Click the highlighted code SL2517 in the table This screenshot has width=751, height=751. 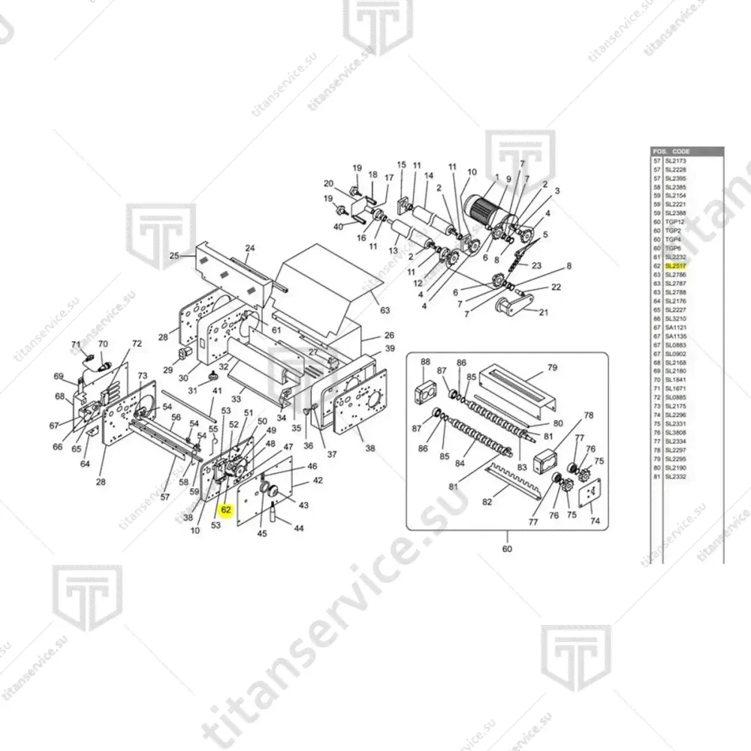pyautogui.click(x=676, y=266)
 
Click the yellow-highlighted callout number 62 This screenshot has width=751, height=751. pyautogui.click(x=226, y=510)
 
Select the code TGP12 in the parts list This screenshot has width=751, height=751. pyautogui.click(x=675, y=222)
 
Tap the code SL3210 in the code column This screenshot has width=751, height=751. pyautogui.click(x=676, y=318)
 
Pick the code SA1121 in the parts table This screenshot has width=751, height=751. pyautogui.click(x=676, y=327)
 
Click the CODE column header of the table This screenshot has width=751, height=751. pyautogui.click(x=681, y=151)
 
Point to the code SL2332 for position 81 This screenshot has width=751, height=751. pyautogui.click(x=676, y=476)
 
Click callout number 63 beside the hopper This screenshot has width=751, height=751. pyautogui.click(x=385, y=309)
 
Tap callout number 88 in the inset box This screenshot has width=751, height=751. pyautogui.click(x=426, y=362)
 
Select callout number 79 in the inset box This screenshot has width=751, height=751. pyautogui.click(x=552, y=367)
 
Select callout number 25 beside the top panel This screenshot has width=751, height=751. pyautogui.click(x=174, y=255)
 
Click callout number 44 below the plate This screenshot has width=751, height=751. pyautogui.click(x=299, y=529)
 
